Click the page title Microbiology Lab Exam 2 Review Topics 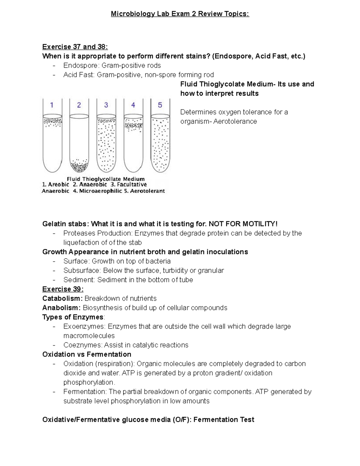180,14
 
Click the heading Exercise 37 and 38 75,47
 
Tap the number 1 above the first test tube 52,105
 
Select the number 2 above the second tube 79,105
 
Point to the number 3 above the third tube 106,105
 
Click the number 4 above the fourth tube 133,105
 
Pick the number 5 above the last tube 160,105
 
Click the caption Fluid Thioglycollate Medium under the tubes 106,179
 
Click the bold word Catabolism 62,299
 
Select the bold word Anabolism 61,308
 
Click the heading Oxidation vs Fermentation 87,354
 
